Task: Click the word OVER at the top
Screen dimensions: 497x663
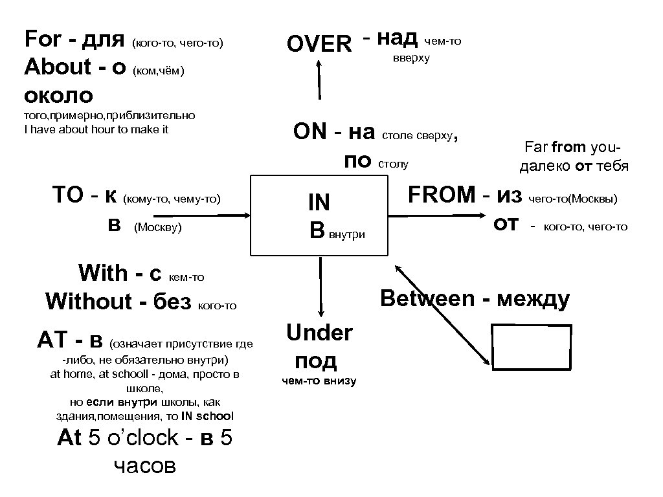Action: [x=319, y=44]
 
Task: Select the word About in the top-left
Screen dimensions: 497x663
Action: [x=58, y=67]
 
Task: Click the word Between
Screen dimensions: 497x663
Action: [x=427, y=299]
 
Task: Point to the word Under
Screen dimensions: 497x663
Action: [x=319, y=333]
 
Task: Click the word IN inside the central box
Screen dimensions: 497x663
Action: [x=319, y=203]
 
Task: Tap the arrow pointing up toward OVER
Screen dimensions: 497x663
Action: [x=319, y=79]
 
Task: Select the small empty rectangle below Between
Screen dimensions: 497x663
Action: [x=532, y=348]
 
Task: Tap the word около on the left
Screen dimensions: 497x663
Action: [x=58, y=96]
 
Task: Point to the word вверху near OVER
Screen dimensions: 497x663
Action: [x=411, y=58]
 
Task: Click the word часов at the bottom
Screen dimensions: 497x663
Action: [x=144, y=466]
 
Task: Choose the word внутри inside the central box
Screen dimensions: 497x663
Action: [x=348, y=234]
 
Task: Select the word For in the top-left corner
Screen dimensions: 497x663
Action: [x=43, y=39]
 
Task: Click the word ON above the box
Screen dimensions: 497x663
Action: [x=309, y=132]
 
